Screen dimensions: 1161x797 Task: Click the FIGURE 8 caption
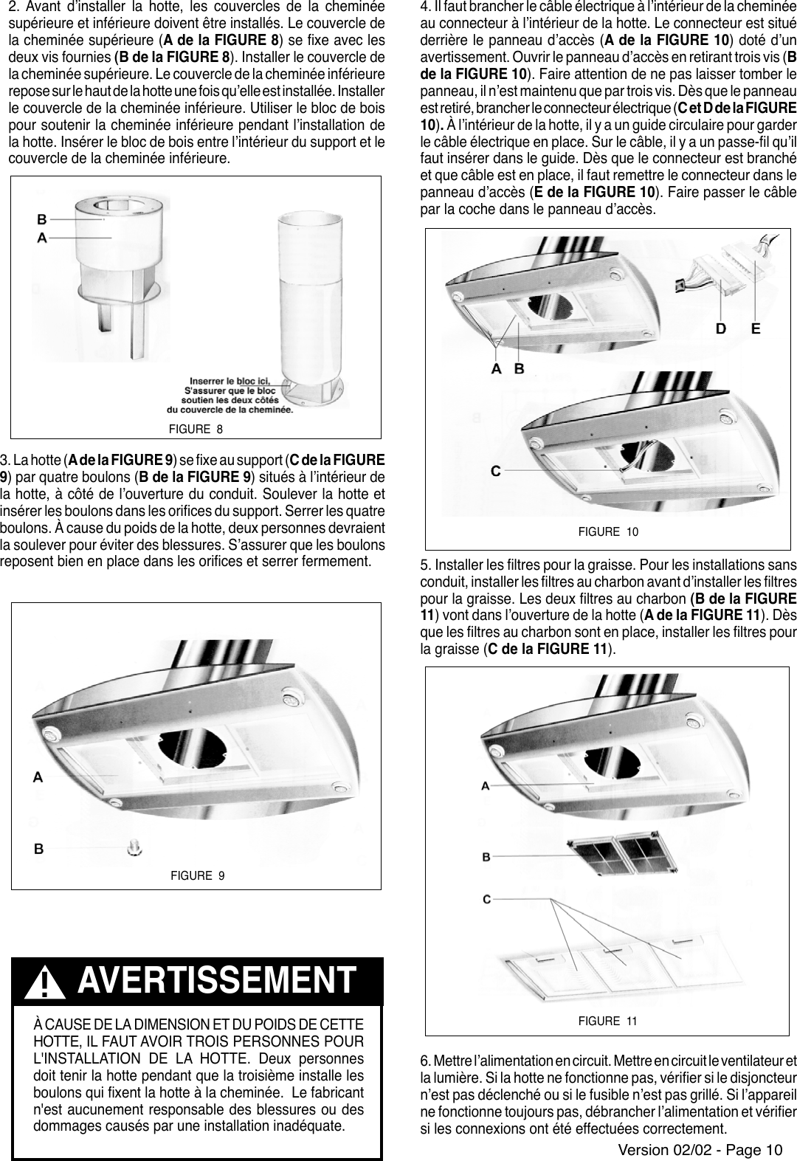pyautogui.click(x=196, y=430)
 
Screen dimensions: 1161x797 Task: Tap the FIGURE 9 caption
pyautogui.click(x=197, y=876)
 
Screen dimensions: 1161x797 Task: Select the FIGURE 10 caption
pyautogui.click(x=608, y=531)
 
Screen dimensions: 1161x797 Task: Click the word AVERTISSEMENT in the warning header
pyautogui.click(x=215, y=981)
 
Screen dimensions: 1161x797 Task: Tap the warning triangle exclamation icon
pyautogui.click(x=45, y=984)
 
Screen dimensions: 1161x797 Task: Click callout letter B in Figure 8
pyautogui.click(x=42, y=219)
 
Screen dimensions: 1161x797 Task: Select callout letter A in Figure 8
pyautogui.click(x=42, y=238)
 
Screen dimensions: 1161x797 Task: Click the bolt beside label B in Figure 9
pyautogui.click(x=135, y=847)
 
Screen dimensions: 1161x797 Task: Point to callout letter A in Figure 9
pyautogui.click(x=38, y=776)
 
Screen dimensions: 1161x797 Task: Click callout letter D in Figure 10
pyautogui.click(x=725, y=329)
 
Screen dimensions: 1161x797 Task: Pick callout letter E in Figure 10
pyautogui.click(x=756, y=329)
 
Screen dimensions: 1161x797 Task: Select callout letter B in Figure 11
pyautogui.click(x=486, y=857)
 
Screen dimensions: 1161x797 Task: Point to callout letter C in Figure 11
pyautogui.click(x=486, y=899)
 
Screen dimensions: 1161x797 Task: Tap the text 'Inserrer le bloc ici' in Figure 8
pyautogui.click(x=230, y=379)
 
